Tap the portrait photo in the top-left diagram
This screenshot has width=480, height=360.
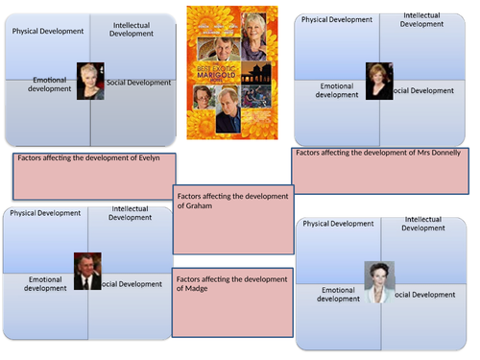90,81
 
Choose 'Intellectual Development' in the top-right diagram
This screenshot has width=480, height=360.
421,20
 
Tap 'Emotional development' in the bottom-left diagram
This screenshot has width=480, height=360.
46,283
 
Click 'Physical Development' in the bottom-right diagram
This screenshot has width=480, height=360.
338,224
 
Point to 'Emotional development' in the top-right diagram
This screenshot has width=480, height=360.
337,90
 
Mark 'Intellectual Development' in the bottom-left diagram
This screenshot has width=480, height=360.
131,213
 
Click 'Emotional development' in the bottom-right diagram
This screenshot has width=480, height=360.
337,294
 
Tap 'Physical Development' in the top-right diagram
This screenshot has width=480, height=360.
337,19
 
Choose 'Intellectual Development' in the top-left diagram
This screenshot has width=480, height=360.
132,29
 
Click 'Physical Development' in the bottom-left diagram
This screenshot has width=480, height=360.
45,213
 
